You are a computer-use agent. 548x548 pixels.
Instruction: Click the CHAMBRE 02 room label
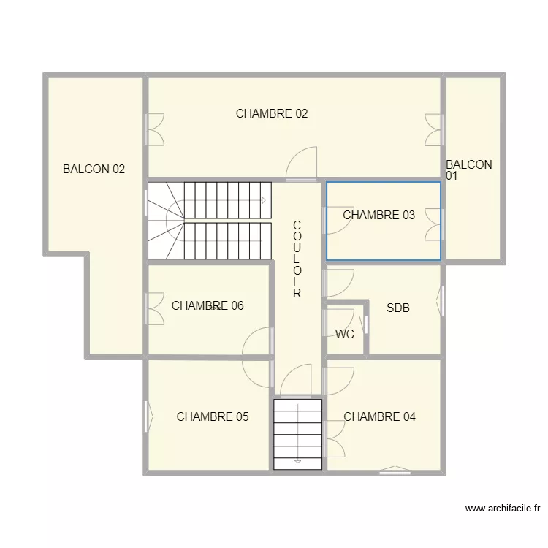272,113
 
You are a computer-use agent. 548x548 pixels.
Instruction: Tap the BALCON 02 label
94,170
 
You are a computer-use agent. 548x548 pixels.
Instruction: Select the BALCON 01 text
468,170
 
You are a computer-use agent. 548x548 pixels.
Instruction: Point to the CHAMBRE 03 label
378,215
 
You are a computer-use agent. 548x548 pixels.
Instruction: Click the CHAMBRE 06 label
208,306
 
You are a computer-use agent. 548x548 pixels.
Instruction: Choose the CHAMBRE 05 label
213,416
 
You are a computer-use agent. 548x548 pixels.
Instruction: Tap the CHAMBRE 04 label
379,416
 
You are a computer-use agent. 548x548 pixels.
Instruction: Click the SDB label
398,308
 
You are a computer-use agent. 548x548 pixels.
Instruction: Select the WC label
345,334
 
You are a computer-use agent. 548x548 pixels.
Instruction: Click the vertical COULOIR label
297,259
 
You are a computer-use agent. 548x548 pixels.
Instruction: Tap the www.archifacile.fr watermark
503,509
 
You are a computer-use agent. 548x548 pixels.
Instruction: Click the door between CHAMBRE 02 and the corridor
302,164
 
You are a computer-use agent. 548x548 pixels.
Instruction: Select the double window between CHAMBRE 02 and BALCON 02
154,129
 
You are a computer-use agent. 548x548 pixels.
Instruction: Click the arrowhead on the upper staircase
264,201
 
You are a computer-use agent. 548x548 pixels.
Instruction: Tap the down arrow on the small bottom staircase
298,461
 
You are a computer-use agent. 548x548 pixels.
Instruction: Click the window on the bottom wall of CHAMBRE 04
395,471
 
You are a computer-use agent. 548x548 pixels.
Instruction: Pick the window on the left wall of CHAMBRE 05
148,416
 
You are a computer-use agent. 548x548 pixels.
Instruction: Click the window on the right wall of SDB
441,301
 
